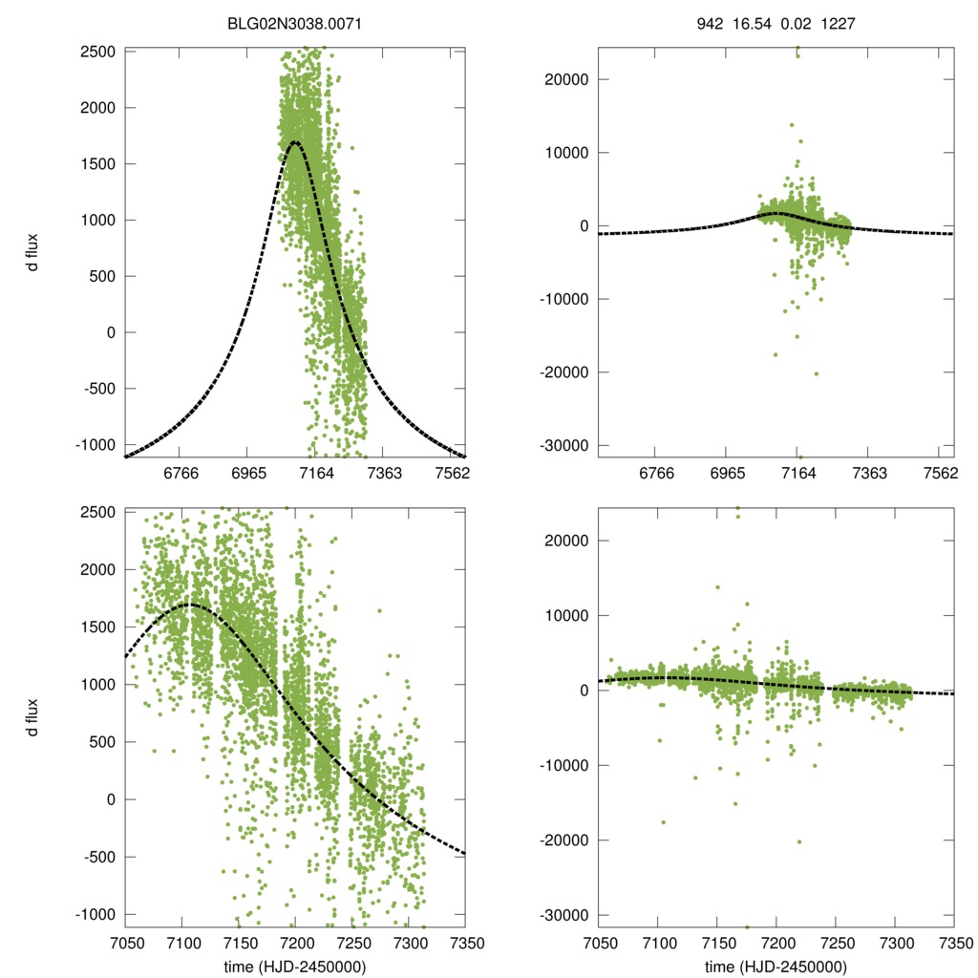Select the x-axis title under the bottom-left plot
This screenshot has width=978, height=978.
[x=295, y=967]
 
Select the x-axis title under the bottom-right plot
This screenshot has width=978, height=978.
[x=776, y=967]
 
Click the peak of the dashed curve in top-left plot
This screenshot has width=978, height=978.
[x=295, y=142]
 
